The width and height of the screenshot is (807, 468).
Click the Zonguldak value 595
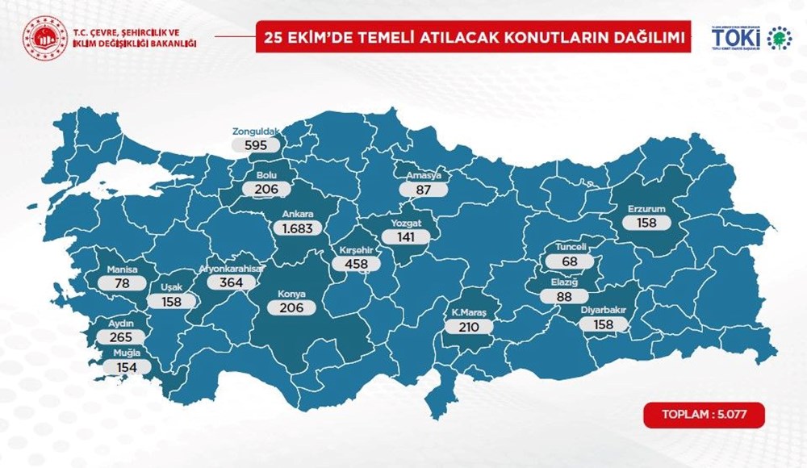coord(255,145)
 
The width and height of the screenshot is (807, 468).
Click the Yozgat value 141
coord(403,237)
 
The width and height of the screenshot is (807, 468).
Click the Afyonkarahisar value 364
coord(231,283)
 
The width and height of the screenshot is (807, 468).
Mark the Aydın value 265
coord(119,336)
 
